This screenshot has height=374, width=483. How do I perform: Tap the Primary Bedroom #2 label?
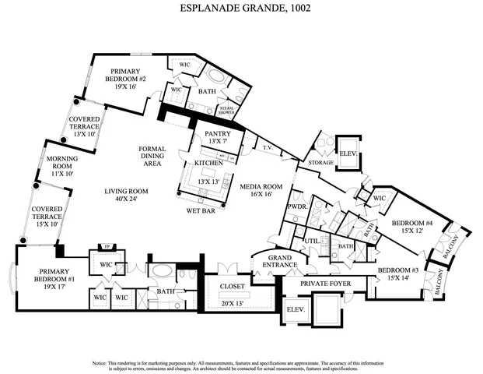(x=131, y=78)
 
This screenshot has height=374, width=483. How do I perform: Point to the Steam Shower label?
(x=227, y=111)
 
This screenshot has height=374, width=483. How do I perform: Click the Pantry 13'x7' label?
(x=213, y=137)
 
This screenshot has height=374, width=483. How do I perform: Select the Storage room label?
(x=320, y=162)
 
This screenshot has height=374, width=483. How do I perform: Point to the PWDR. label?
(x=296, y=207)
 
